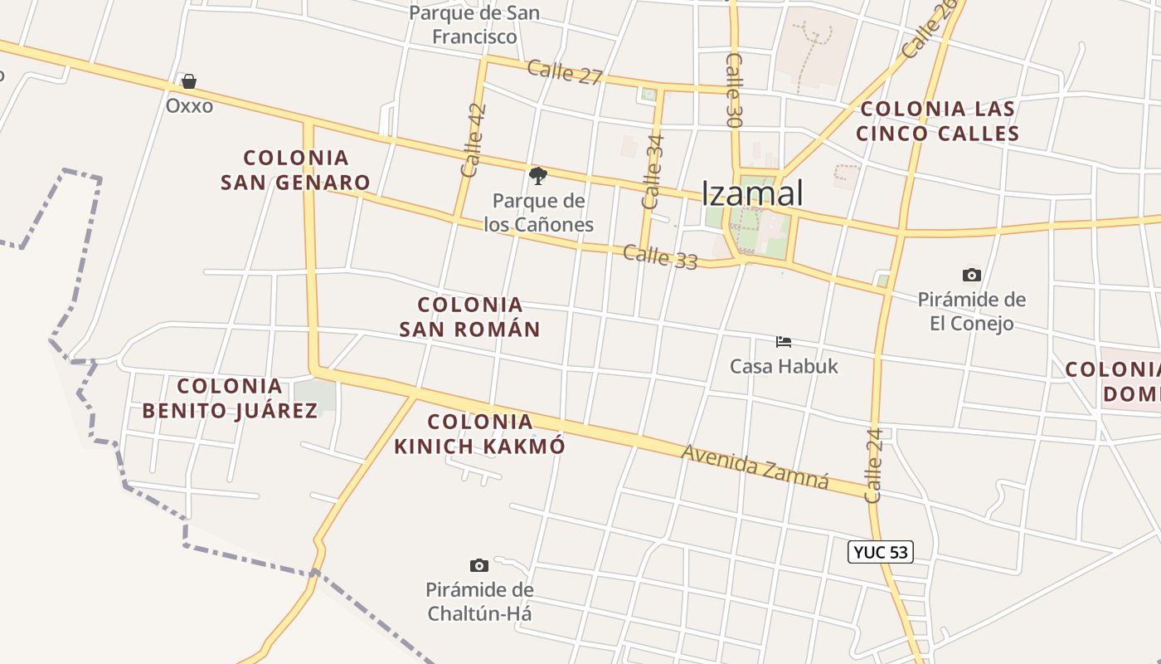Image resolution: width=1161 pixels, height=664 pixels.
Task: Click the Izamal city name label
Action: (752, 193)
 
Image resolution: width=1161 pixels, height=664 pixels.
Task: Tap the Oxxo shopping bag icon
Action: (189, 81)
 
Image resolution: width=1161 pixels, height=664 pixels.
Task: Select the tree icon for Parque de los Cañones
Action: (538, 175)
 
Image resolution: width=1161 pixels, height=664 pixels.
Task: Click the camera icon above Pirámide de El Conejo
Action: (972, 275)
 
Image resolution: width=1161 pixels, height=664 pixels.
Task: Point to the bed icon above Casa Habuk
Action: (784, 341)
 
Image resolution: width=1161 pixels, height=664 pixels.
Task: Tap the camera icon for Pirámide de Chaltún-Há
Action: (479, 565)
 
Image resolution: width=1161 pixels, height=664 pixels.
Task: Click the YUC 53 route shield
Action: (880, 552)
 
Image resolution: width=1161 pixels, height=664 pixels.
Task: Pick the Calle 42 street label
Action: (473, 140)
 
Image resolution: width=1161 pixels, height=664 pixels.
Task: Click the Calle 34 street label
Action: (653, 171)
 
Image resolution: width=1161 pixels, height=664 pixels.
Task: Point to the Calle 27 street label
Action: (565, 72)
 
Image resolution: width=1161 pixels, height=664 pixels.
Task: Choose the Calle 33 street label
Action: (660, 256)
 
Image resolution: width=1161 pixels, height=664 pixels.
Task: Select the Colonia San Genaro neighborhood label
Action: (295, 169)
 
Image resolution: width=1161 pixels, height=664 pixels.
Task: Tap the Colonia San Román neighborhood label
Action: (469, 317)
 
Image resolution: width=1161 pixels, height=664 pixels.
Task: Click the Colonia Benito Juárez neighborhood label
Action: (230, 398)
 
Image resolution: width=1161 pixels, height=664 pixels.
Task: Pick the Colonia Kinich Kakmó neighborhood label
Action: (479, 434)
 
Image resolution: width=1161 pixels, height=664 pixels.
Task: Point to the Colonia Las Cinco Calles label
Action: (937, 121)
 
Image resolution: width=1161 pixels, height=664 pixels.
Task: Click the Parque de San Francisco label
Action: (474, 25)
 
